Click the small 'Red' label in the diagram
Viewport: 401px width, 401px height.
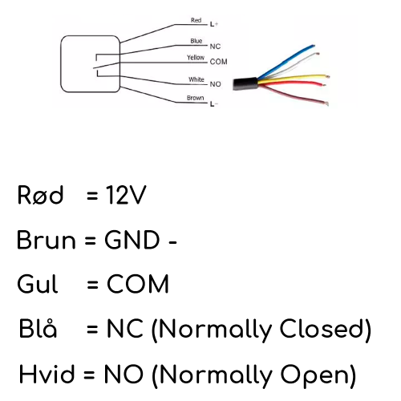[196, 20]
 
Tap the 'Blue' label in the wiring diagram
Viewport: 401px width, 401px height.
[196, 40]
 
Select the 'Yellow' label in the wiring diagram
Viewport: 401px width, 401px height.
[196, 58]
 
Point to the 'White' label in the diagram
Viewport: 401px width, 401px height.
[196, 79]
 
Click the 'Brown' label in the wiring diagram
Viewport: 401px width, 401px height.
[195, 98]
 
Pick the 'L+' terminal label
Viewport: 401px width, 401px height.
[214, 25]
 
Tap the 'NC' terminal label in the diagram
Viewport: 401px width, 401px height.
[215, 47]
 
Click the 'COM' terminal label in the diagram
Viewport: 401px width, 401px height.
[219, 62]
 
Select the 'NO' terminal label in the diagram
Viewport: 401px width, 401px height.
[215, 83]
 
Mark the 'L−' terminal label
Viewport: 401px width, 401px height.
[214, 104]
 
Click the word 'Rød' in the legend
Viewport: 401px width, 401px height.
[40, 195]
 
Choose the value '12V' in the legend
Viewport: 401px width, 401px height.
[127, 195]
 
